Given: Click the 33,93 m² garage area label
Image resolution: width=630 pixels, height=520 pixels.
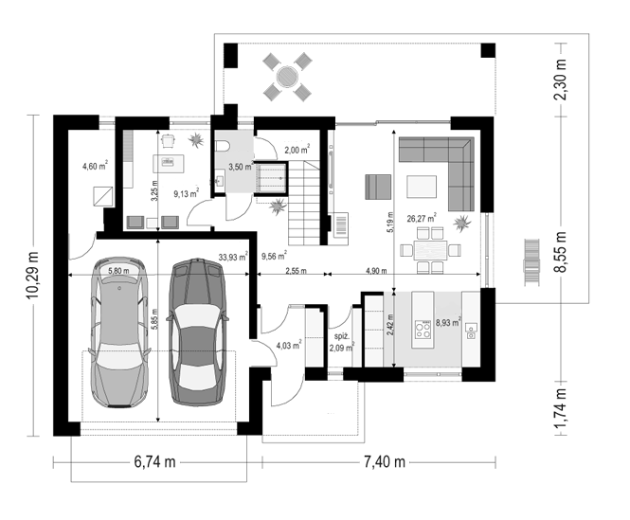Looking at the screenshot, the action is point(233,257).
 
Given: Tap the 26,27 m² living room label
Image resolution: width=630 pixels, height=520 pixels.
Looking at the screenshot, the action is point(422,218).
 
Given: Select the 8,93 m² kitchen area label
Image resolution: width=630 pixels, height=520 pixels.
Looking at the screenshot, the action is point(448,322).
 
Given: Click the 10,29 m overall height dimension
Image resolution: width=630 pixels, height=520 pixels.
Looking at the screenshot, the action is point(33,275).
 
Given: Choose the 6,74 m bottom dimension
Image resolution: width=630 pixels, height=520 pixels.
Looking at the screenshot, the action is point(154,462).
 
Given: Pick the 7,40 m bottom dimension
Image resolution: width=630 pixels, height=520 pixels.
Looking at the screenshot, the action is point(385,462).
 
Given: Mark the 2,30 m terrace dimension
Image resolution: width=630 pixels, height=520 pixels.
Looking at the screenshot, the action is point(561,80).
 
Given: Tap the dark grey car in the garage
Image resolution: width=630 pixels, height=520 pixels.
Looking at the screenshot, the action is point(197,332).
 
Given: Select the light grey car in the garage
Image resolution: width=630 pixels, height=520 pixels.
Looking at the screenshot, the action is point(119,332).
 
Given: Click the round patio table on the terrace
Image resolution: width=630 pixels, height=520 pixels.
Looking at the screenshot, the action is point(287,77).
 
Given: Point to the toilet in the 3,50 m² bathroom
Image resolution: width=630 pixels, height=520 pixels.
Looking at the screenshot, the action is point(222,146).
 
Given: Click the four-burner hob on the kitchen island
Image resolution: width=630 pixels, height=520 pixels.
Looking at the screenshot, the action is point(423,330).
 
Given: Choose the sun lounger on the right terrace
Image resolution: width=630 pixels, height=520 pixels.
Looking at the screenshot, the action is point(531,262).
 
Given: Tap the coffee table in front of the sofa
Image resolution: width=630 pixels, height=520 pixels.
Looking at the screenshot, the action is point(422,187).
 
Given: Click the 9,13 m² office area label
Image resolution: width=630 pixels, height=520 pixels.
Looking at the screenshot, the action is point(186,193).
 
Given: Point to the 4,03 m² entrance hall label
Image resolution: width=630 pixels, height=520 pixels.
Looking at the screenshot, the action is point(289,345).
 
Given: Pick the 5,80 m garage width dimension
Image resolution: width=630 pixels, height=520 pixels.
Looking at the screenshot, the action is point(118,271).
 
